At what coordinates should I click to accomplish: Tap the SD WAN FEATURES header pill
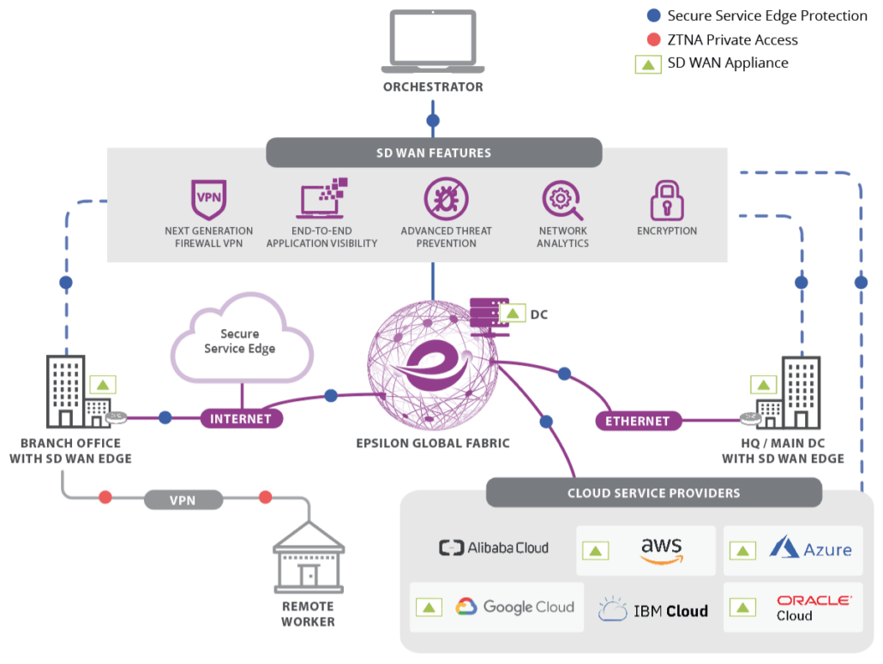[434, 153]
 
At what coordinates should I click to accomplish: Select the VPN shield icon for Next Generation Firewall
[209, 200]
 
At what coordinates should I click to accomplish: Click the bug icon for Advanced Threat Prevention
[446, 199]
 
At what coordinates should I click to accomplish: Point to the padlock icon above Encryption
[666, 200]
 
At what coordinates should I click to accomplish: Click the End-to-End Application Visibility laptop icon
[322, 199]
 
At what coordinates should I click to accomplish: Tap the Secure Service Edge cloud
[242, 342]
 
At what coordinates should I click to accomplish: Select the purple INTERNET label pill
[241, 419]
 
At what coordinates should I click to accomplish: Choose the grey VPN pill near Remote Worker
[183, 498]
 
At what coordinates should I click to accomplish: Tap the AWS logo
[661, 549]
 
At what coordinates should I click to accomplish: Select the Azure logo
[810, 548]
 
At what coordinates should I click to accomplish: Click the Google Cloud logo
[514, 607]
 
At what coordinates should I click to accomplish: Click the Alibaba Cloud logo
[494, 548]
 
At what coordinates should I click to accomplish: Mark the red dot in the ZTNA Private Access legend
[654, 39]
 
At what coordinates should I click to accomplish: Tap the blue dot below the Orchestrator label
[433, 120]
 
